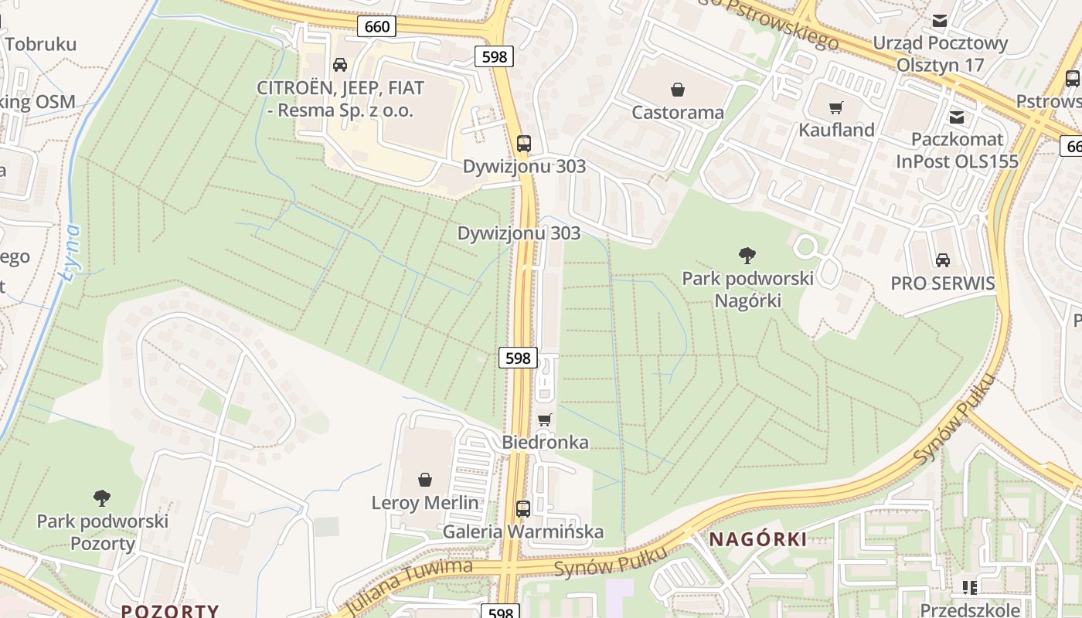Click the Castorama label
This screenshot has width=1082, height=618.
(678, 113)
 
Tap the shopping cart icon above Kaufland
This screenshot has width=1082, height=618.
(835, 107)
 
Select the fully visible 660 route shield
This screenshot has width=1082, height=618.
(377, 27)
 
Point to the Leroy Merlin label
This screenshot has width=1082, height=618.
(425, 503)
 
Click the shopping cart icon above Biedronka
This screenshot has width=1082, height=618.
(545, 419)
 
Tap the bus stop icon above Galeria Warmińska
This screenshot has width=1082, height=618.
(523, 508)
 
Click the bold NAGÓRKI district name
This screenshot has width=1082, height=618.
(757, 539)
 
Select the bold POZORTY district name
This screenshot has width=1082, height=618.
(170, 610)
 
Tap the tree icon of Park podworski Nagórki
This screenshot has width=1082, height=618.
(747, 255)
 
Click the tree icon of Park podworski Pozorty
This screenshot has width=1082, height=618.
(101, 497)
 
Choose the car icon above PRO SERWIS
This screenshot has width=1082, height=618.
(942, 260)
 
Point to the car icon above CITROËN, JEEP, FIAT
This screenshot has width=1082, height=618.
(339, 65)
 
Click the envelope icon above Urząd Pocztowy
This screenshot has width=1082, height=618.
(940, 21)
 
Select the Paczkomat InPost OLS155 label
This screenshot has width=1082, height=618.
(957, 150)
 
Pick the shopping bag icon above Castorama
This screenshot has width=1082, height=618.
(678, 90)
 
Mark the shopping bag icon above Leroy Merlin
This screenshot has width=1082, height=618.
(425, 480)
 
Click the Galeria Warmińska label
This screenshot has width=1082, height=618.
(522, 532)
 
